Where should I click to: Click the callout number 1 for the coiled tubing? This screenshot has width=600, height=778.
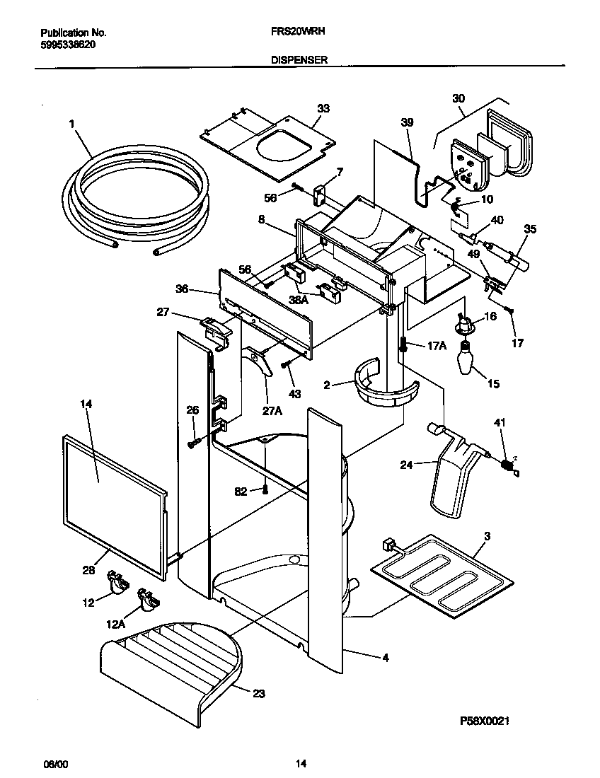(71, 124)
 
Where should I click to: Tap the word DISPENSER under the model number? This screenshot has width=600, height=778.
(299, 61)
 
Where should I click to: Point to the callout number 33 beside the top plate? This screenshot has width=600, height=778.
(323, 108)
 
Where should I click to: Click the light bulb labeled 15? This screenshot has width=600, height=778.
(468, 359)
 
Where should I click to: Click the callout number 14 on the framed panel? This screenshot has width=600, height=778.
(86, 403)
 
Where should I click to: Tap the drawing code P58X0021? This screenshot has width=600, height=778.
(485, 721)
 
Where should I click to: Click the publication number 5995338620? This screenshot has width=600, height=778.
(69, 44)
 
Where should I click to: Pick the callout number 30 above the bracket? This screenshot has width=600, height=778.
(458, 98)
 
